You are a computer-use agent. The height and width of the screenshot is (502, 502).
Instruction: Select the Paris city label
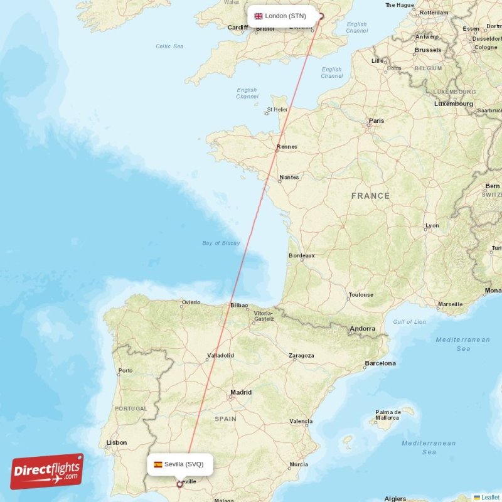click(376, 120)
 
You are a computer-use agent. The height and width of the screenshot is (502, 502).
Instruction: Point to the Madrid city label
click(240, 393)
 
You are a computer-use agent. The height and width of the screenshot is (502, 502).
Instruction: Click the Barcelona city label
click(380, 363)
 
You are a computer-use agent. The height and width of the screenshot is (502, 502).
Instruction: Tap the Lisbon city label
click(116, 442)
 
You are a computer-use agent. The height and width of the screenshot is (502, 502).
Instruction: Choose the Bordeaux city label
click(301, 256)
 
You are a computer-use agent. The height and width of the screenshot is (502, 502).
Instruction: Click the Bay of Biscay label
click(221, 243)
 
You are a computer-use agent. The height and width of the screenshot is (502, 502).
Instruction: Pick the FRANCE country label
click(370, 196)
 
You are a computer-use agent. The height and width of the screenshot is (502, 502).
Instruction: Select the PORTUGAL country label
click(131, 409)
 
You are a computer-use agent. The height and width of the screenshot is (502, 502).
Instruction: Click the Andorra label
click(363, 329)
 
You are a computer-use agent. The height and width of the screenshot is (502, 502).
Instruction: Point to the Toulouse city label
click(361, 295)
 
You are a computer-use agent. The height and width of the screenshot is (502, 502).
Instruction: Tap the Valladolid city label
click(220, 356)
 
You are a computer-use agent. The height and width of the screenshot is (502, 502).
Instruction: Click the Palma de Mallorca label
click(387, 415)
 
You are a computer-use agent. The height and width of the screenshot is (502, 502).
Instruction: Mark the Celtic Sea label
click(169, 46)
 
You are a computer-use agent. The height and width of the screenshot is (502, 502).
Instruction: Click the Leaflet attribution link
click(490, 497)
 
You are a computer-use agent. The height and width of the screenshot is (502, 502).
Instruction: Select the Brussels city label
click(428, 50)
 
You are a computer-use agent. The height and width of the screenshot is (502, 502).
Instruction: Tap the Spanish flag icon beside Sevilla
click(158, 464)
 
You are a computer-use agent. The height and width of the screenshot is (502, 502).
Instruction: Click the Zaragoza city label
click(301, 356)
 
